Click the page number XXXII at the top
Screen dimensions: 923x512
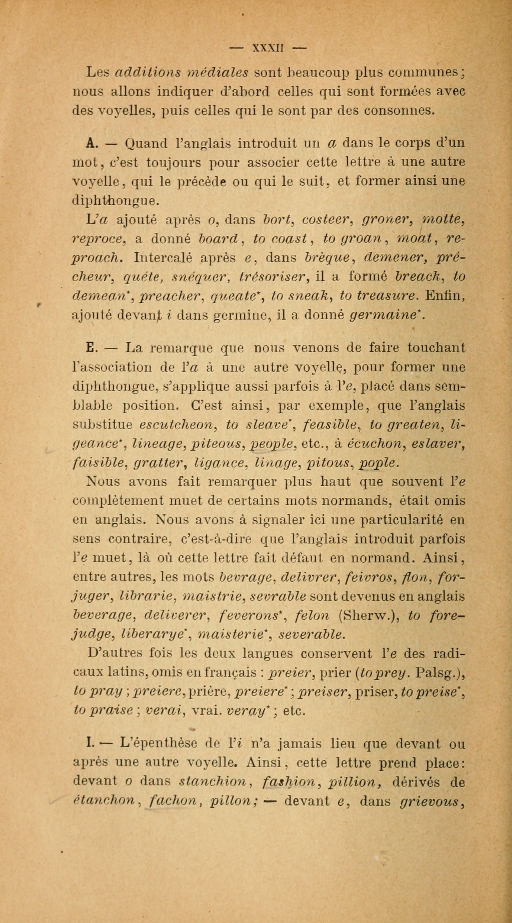[268, 48]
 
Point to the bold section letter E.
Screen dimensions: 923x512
[90, 347]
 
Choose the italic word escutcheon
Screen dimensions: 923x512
[176, 425]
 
